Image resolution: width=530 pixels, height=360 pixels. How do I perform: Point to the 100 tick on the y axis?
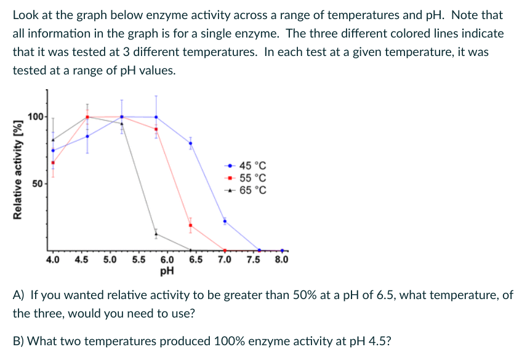36,117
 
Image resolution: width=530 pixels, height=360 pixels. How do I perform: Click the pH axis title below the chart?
167,270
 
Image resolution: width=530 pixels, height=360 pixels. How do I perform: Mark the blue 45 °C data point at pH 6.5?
190,143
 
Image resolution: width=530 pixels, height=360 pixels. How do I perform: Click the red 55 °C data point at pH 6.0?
156,129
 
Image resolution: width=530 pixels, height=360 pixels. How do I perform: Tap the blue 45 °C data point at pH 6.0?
156,117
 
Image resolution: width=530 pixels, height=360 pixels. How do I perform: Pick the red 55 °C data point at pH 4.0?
53,163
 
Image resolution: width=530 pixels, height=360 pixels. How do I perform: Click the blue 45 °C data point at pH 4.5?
87,136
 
